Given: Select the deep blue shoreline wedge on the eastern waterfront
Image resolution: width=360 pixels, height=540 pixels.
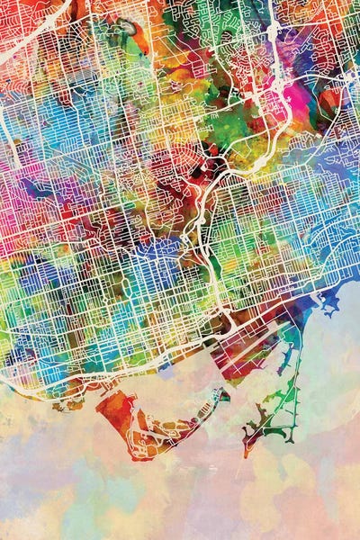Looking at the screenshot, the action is tap(310, 310).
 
